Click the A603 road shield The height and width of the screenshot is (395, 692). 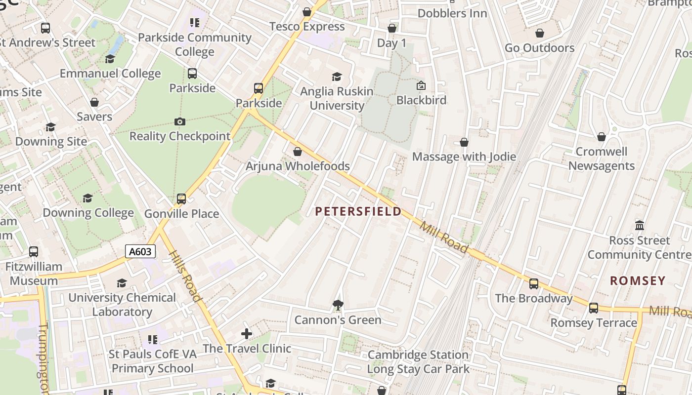(x=140, y=252)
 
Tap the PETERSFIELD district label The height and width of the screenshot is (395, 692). (x=358, y=212)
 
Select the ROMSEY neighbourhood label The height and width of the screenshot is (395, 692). (x=638, y=281)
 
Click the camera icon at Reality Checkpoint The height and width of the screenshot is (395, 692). (x=180, y=121)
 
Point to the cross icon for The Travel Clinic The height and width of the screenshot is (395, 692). (x=247, y=334)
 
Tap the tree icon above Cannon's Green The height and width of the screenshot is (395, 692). (x=338, y=305)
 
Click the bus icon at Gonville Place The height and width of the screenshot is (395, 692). (x=181, y=199)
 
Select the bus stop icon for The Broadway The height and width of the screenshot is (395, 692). (x=534, y=284)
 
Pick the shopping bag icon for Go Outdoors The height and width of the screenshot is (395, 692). (x=540, y=33)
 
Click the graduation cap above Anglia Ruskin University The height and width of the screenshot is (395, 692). (x=337, y=77)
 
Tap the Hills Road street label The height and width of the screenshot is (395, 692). (x=185, y=276)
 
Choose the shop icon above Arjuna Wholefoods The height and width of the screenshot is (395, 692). (x=298, y=152)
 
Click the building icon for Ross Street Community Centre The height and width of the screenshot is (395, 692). (x=640, y=226)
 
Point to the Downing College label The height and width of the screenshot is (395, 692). (x=88, y=213)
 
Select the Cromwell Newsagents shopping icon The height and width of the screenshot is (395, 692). (x=602, y=137)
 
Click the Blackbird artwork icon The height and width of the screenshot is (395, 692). (x=421, y=86)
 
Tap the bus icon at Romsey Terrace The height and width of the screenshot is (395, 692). (x=594, y=308)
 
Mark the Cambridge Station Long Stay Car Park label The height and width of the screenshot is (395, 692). (x=418, y=362)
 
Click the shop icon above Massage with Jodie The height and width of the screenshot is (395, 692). (x=464, y=142)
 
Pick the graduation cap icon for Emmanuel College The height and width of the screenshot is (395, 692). (x=110, y=59)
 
